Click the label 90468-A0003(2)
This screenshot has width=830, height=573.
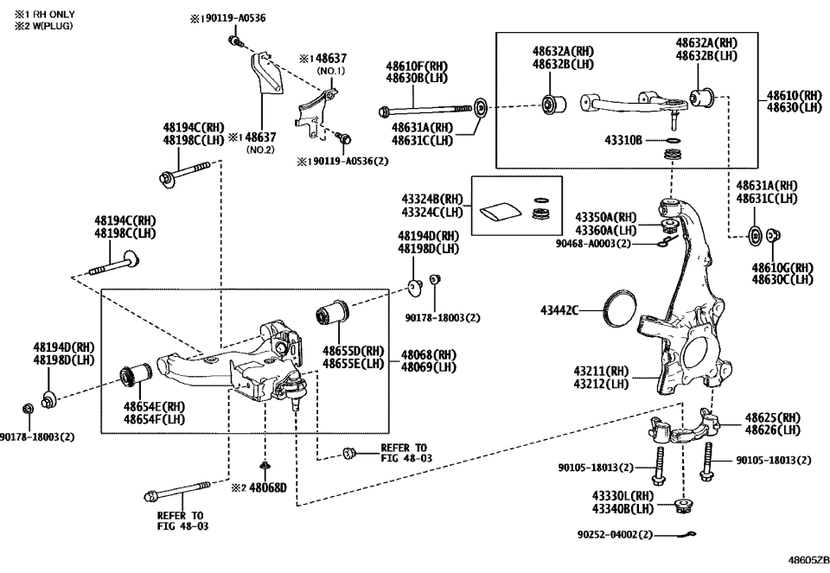pyautogui.click(x=597, y=244)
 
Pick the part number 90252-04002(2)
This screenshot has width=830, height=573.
pyautogui.click(x=615, y=535)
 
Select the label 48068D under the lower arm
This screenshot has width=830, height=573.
pyautogui.click(x=264, y=487)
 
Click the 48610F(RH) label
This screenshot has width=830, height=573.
pyautogui.click(x=417, y=66)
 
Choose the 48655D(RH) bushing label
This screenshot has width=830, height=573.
pyautogui.click(x=354, y=352)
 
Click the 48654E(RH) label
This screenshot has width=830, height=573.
pyautogui.click(x=154, y=406)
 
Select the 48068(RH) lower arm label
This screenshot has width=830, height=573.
pyautogui.click(x=428, y=354)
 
